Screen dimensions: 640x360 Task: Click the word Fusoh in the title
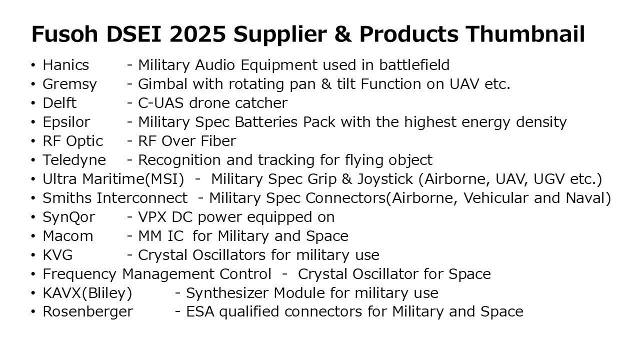65,34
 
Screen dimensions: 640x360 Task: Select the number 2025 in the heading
197,34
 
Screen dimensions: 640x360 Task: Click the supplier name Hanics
65,65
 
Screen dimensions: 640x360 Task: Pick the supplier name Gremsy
69,84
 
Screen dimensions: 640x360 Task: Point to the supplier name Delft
59,103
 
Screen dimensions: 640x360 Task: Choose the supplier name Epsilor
66,122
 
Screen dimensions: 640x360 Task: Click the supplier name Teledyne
74,160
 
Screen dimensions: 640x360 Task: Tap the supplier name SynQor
68,217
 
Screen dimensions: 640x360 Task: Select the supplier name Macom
68,236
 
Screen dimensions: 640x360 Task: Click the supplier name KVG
57,255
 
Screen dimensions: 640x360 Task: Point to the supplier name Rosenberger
87,311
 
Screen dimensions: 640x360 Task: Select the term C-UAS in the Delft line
160,103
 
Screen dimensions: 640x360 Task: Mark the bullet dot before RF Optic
33,141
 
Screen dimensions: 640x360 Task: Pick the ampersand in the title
343,34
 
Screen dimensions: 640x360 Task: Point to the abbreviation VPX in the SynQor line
152,217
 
